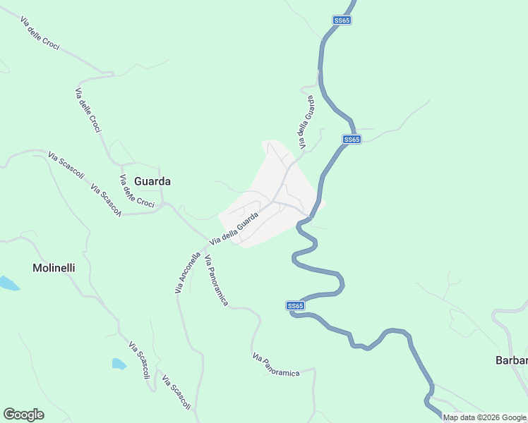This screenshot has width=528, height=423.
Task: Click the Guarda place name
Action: tap(152, 181)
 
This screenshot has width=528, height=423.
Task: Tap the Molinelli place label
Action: tap(54, 268)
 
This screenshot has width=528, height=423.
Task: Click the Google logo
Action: tap(23, 415)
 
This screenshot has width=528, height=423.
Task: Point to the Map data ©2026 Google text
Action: tap(484, 417)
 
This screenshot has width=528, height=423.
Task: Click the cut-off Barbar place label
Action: tap(511, 361)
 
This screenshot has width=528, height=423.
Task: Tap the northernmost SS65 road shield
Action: tap(342, 20)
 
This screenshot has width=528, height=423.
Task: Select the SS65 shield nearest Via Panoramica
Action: tap(296, 306)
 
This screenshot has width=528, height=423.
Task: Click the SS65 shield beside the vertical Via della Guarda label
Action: tap(352, 140)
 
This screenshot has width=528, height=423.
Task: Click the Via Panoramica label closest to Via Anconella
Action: tap(216, 281)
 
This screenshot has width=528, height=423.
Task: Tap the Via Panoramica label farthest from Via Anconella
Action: tap(276, 364)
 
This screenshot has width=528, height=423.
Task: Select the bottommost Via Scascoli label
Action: tap(176, 393)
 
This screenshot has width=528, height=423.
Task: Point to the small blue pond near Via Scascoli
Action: tap(119, 364)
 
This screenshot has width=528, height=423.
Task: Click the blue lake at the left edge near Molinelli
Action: tap(8, 283)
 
